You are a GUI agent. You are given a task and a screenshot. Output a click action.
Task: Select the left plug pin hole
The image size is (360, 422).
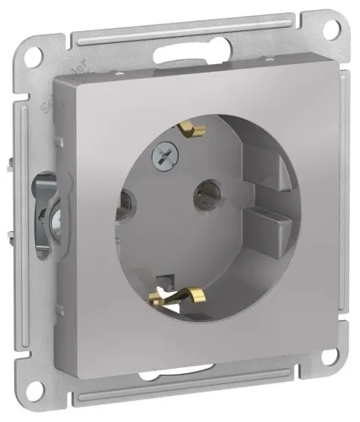pyautogui.click(x=127, y=203)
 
